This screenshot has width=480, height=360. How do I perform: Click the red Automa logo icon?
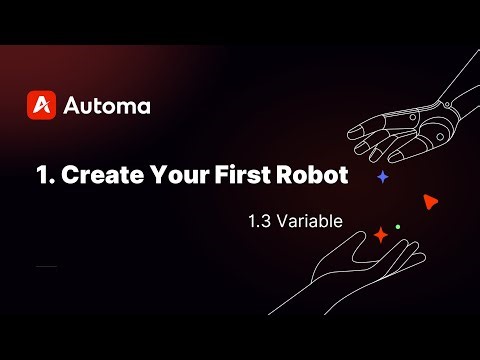point(41,104)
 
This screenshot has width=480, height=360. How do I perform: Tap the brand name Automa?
point(106,105)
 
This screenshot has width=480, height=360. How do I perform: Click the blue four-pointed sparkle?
point(382,176)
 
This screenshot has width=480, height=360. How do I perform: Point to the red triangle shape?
point(430,201)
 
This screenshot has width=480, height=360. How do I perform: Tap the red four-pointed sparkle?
point(380,235)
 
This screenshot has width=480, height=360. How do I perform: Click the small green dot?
point(398,227)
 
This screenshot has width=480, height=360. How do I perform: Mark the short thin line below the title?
point(46,267)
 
